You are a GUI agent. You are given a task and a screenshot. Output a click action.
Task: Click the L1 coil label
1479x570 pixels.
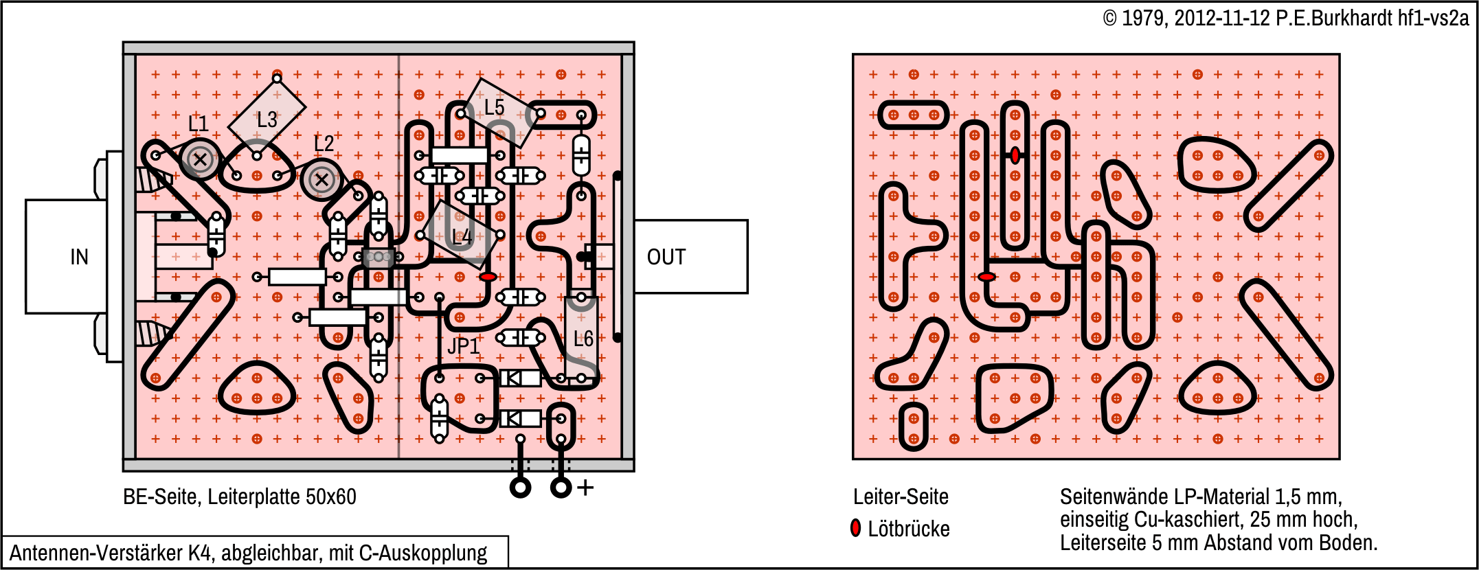pyautogui.click(x=199, y=124)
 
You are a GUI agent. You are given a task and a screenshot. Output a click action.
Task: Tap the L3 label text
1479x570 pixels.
pyautogui.click(x=267, y=120)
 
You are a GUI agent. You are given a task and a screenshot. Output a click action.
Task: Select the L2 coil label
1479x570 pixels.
pyautogui.click(x=324, y=144)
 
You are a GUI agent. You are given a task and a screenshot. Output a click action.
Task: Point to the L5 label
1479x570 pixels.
pyautogui.click(x=494, y=107)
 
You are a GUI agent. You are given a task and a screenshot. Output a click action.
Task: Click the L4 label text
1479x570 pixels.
pyautogui.click(x=462, y=237)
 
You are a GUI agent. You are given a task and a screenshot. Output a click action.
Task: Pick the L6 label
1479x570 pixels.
pyautogui.click(x=583, y=339)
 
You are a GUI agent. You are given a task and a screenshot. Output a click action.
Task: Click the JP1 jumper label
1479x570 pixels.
pyautogui.click(x=463, y=346)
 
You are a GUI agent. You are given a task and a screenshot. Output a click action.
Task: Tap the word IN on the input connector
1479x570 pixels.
pyautogui.click(x=79, y=257)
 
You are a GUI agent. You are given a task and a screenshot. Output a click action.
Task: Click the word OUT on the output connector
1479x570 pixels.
pyautogui.click(x=666, y=257)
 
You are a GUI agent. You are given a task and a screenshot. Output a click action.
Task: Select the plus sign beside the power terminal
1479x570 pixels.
pyautogui.click(x=585, y=488)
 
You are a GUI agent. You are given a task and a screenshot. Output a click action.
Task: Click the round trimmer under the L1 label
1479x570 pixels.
pyautogui.click(x=200, y=160)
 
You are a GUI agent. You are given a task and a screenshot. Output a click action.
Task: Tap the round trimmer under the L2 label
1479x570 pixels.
pyautogui.click(x=321, y=181)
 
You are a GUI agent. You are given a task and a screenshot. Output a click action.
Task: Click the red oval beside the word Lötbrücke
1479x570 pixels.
pyautogui.click(x=855, y=528)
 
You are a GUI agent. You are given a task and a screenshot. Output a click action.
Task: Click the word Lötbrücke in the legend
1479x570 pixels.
pyautogui.click(x=909, y=529)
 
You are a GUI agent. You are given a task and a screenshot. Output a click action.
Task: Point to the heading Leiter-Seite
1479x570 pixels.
pyautogui.click(x=901, y=497)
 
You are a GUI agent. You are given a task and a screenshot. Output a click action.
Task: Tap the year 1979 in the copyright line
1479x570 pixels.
pyautogui.click(x=1142, y=19)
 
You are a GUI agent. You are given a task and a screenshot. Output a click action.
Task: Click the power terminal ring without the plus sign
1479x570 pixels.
pyautogui.click(x=521, y=488)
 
